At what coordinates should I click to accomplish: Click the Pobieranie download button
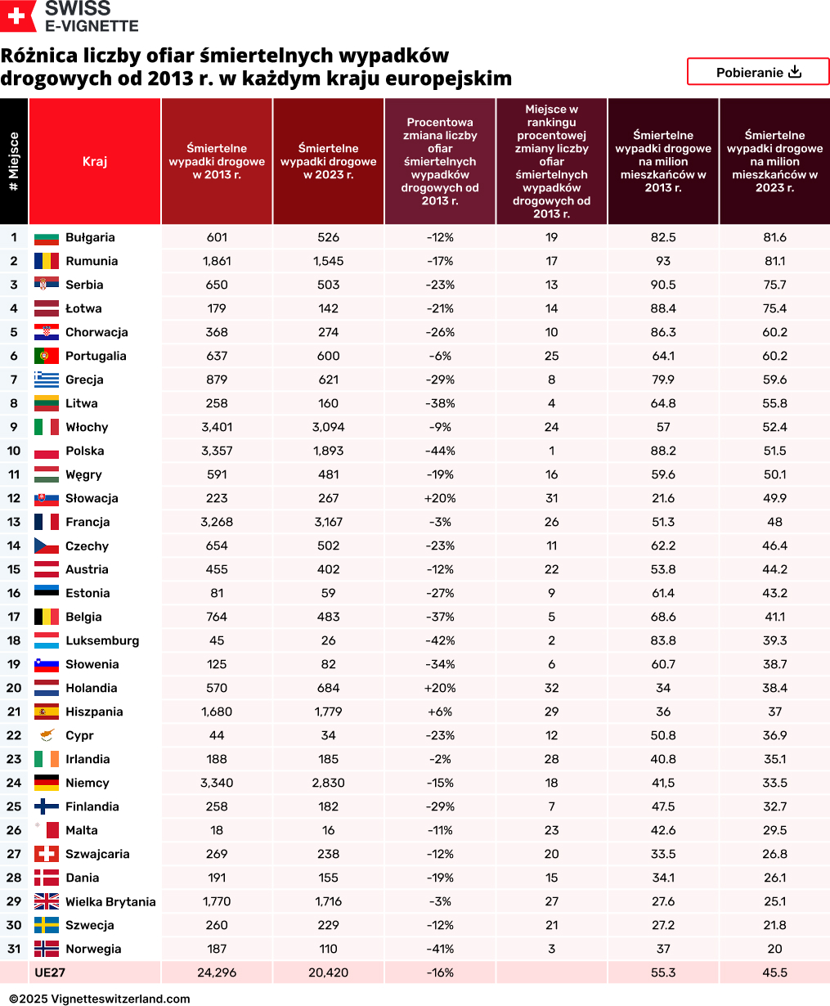758,72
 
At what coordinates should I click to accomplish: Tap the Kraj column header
95,161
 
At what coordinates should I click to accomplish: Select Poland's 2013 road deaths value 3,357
217,451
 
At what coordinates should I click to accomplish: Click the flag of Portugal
46,356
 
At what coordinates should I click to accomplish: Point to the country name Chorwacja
96,332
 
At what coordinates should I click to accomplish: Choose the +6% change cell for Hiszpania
440,712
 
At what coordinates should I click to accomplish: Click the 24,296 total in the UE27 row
217,972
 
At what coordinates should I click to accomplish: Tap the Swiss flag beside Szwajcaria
46,854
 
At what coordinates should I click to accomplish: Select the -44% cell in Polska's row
440,451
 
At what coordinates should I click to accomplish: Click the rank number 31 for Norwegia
14,949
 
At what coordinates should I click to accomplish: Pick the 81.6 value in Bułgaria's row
774,237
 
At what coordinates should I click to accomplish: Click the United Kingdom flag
46,901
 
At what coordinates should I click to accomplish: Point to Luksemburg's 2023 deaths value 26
328,640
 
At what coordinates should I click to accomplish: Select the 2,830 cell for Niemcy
328,783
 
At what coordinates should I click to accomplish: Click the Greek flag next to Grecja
46,379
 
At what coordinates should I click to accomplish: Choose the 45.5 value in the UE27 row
774,972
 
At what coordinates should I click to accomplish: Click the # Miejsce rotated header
14,161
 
